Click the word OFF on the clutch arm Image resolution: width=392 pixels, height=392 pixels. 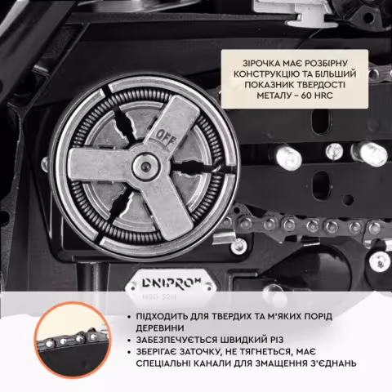(167, 138)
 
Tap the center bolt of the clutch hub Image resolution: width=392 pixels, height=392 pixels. (145, 166)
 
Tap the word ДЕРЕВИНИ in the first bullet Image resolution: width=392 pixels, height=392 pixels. (160, 328)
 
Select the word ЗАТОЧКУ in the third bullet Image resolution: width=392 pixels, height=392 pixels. (199, 352)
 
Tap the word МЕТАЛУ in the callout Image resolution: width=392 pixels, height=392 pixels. (274, 96)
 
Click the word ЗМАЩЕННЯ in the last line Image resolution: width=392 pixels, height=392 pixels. (276, 363)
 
